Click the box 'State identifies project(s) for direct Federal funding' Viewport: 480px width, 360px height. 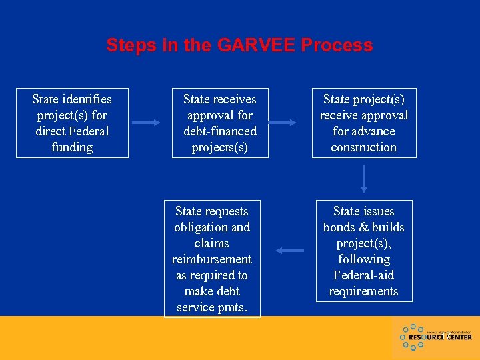click(x=72, y=123)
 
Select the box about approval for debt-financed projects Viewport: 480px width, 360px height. click(x=220, y=123)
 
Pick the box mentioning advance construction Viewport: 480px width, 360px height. click(x=364, y=123)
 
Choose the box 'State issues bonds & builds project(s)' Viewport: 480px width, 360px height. click(x=364, y=251)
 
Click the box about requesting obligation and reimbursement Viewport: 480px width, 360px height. click(x=212, y=259)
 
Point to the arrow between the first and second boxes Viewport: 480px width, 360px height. click(x=147, y=123)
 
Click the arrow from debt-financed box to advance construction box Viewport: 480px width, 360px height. click(x=282, y=123)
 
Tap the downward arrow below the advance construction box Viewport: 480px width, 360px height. click(x=364, y=179)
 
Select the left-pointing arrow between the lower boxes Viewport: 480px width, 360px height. click(x=289, y=251)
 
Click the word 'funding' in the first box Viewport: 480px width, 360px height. click(x=72, y=147)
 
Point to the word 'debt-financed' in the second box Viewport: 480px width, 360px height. click(x=220, y=131)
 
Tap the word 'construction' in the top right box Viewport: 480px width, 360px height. click(x=364, y=147)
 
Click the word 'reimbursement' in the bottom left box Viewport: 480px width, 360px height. click(x=212, y=259)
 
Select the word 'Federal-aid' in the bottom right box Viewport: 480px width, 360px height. click(x=364, y=275)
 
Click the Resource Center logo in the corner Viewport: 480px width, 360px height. click(x=436, y=337)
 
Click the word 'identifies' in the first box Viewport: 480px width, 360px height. click(x=86, y=99)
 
